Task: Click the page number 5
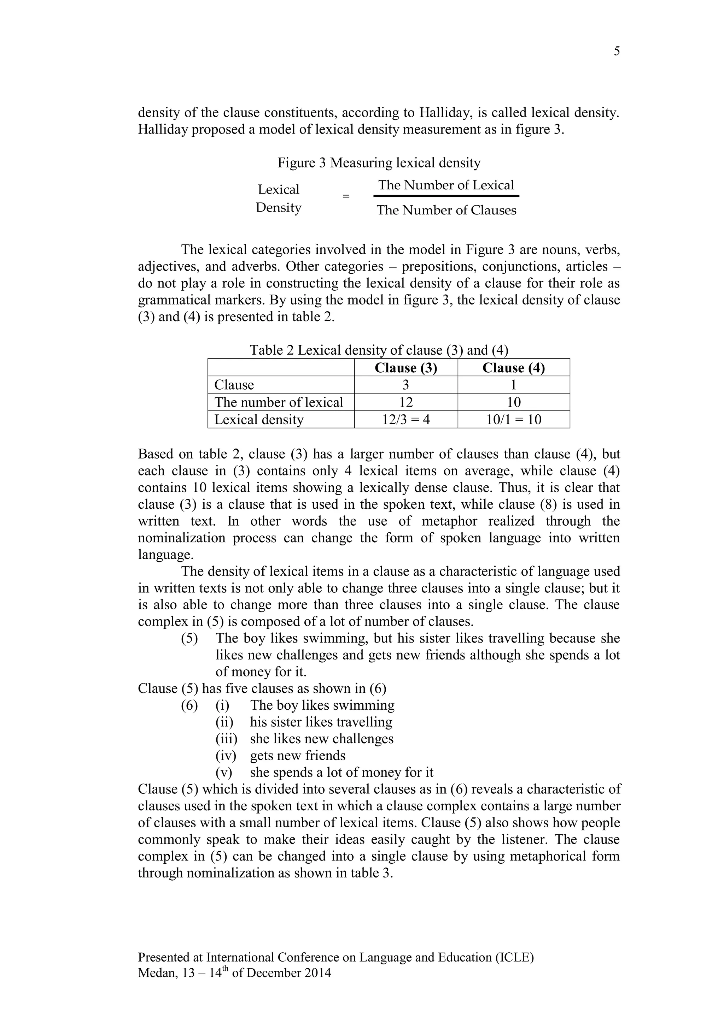pyautogui.click(x=617, y=51)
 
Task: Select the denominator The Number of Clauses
pyautogui.click(x=446, y=210)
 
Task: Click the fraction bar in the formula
pyautogui.click(x=446, y=196)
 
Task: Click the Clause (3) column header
pyautogui.click(x=406, y=368)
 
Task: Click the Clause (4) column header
pyautogui.click(x=514, y=368)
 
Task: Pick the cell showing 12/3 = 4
pyautogui.click(x=406, y=420)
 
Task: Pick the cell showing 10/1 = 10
pyautogui.click(x=514, y=420)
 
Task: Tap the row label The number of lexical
pyautogui.click(x=279, y=402)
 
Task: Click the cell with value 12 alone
pyautogui.click(x=406, y=402)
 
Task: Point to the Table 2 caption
pyautogui.click(x=379, y=350)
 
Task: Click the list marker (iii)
pyautogui.click(x=226, y=739)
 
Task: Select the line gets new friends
pyautogui.click(x=298, y=756)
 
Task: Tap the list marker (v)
pyautogui.click(x=224, y=772)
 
